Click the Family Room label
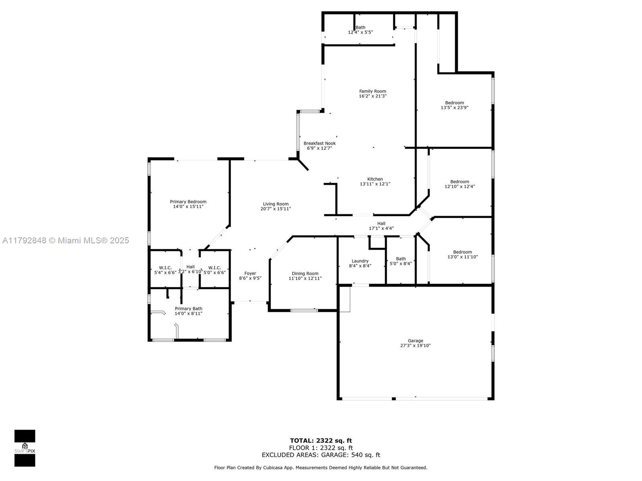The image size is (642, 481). [x=373, y=91]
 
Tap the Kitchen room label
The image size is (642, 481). [x=375, y=179]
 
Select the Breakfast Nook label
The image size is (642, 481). [x=319, y=143]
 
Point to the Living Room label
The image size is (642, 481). [x=276, y=204]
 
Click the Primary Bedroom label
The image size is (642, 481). [x=188, y=202]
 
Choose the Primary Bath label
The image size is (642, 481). [x=188, y=308]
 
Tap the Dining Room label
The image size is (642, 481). [x=305, y=273]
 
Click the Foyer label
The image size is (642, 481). [x=250, y=273]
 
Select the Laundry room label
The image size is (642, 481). [x=360, y=261]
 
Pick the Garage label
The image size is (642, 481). [x=415, y=341]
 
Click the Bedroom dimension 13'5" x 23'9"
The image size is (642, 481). [x=455, y=107]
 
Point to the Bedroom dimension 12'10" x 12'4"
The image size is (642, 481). [x=459, y=186]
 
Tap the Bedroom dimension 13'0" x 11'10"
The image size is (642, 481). [x=462, y=257]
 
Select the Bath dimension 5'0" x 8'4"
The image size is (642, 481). [x=401, y=263]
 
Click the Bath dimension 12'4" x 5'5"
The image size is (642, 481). [x=360, y=32]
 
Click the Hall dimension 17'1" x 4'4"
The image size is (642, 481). [x=381, y=228]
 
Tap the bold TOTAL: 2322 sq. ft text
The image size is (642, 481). [x=321, y=441]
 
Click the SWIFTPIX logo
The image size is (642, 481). [x=25, y=448]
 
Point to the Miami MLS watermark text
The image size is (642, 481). [x=65, y=240]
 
